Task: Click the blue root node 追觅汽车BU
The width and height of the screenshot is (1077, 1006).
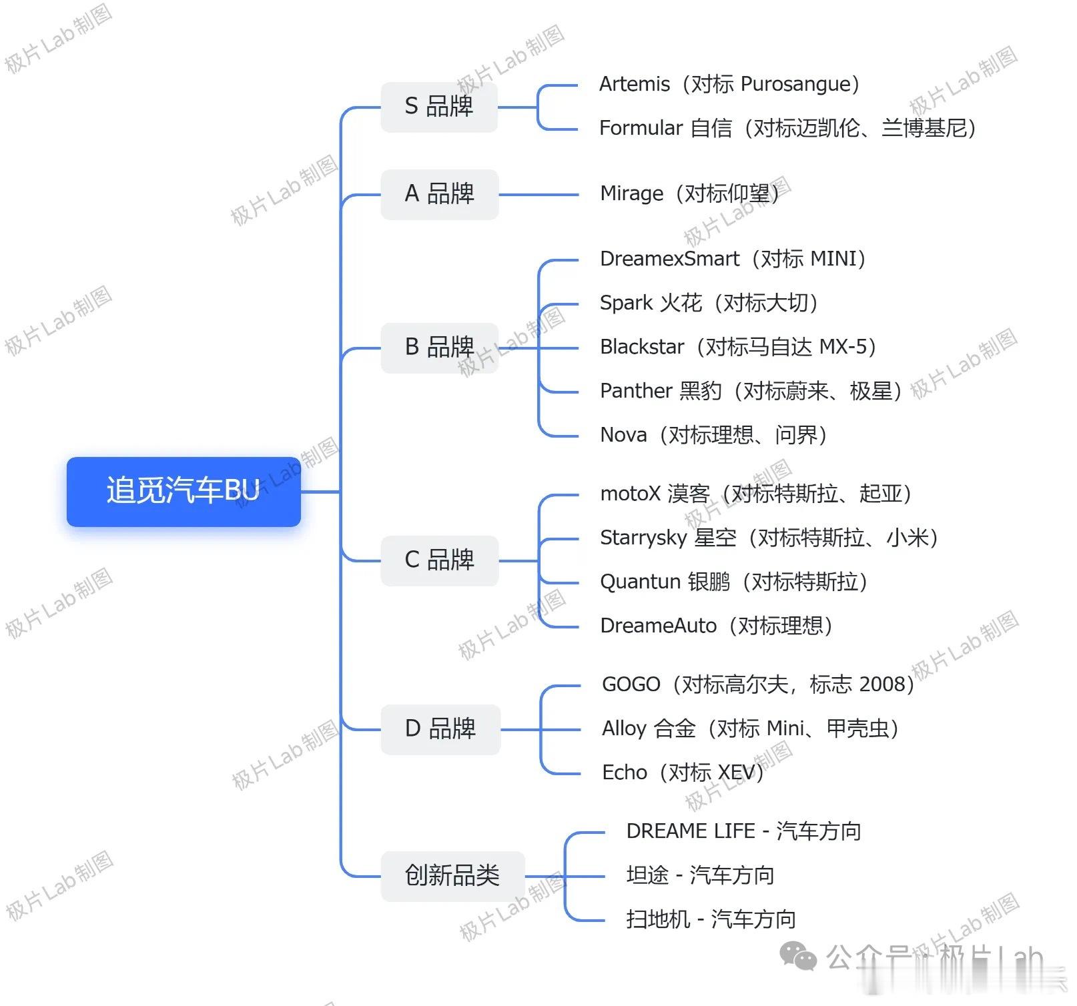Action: pyautogui.click(x=184, y=492)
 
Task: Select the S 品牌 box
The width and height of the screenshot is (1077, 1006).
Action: pyautogui.click(x=439, y=107)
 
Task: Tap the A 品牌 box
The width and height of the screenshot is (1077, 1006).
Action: pyautogui.click(x=440, y=194)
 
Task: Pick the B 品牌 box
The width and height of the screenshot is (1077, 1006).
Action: pyautogui.click(x=440, y=348)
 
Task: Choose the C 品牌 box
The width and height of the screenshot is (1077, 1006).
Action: pyautogui.click(x=440, y=560)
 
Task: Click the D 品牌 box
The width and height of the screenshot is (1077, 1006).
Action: pyautogui.click(x=440, y=729)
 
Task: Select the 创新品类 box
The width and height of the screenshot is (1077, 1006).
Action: pyautogui.click(x=452, y=876)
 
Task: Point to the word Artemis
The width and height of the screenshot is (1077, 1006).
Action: pyautogui.click(x=635, y=84)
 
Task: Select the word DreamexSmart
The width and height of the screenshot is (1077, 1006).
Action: pyautogui.click(x=670, y=259)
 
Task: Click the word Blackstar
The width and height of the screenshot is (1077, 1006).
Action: pyautogui.click(x=642, y=347)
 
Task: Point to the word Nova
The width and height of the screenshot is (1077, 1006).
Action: pyautogui.click(x=623, y=435)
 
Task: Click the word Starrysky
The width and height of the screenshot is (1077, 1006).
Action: pyautogui.click(x=643, y=538)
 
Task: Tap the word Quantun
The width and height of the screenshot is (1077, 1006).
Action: pyautogui.click(x=640, y=582)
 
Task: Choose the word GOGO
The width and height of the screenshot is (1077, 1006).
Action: pyautogui.click(x=631, y=684)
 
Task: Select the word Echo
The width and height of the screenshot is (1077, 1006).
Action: pyautogui.click(x=625, y=773)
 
